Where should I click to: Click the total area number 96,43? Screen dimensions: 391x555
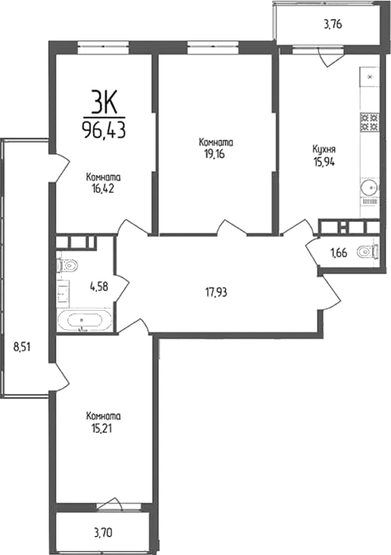coord(104,130)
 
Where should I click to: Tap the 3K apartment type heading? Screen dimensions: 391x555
coord(104,101)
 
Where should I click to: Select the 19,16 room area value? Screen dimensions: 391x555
coord(215,155)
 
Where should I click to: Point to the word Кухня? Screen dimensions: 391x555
coord(324,149)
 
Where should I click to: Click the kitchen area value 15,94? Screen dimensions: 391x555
coord(324,162)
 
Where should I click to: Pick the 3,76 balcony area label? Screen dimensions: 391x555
coord(332,25)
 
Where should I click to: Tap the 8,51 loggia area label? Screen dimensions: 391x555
coord(22,346)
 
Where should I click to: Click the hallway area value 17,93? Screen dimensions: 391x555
coord(216,293)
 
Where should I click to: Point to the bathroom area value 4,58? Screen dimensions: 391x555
coord(98,286)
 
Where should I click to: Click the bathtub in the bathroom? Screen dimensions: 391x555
coord(84,320)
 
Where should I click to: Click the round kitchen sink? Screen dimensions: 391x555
coord(370,187)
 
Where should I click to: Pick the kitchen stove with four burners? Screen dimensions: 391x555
coord(370,122)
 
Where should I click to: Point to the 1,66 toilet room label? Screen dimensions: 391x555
coord(339,253)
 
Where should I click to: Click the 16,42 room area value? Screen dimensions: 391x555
coord(103,189)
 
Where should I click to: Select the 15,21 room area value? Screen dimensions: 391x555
coord(102,428)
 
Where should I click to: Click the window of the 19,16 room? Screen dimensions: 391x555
coord(213,47)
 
